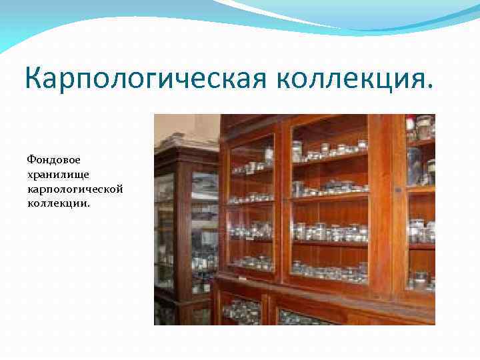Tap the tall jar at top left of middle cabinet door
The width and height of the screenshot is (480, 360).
coord(297,151)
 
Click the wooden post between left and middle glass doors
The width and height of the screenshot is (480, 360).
coord(281,200)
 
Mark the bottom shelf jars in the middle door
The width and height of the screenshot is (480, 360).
coord(330,269)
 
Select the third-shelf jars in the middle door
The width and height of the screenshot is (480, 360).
coord(330,232)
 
